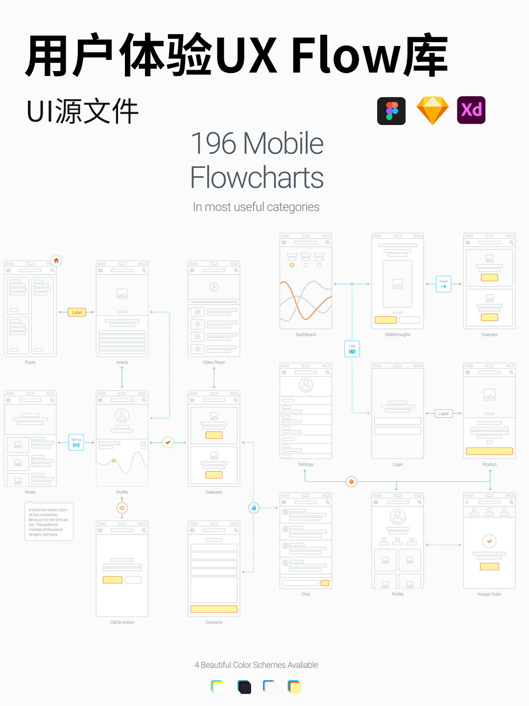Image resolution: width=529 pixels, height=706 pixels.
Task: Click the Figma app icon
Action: click(x=391, y=111)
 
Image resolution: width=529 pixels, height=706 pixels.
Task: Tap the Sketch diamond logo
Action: click(x=433, y=110)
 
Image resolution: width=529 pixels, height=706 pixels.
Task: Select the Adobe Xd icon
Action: click(x=471, y=110)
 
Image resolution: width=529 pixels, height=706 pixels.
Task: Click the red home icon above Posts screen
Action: click(x=56, y=261)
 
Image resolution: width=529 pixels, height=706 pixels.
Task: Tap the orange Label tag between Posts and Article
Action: click(x=77, y=312)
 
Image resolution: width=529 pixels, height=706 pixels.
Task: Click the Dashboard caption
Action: click(x=306, y=335)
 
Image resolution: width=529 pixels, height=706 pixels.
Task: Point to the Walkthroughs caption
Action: click(x=397, y=335)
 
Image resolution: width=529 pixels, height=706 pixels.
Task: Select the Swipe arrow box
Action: click(x=443, y=284)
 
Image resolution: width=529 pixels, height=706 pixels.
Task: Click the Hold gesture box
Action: click(x=352, y=349)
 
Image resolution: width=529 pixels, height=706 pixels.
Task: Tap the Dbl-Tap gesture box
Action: click(x=76, y=443)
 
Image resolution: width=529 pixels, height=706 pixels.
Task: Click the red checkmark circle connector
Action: click(x=168, y=442)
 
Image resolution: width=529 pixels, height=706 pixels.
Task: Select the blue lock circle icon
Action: click(x=254, y=508)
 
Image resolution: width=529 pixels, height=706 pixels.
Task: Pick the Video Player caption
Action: click(x=214, y=362)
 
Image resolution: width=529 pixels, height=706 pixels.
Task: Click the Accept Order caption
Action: click(x=489, y=594)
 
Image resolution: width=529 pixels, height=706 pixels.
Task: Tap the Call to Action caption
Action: click(x=122, y=623)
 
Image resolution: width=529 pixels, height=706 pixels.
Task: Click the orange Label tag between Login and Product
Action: click(x=443, y=414)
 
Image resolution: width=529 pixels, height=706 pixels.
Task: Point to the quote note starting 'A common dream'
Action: click(x=49, y=522)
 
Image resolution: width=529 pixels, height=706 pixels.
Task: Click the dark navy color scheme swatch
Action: click(x=244, y=687)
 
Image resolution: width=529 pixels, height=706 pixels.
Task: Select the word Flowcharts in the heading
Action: click(x=257, y=177)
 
